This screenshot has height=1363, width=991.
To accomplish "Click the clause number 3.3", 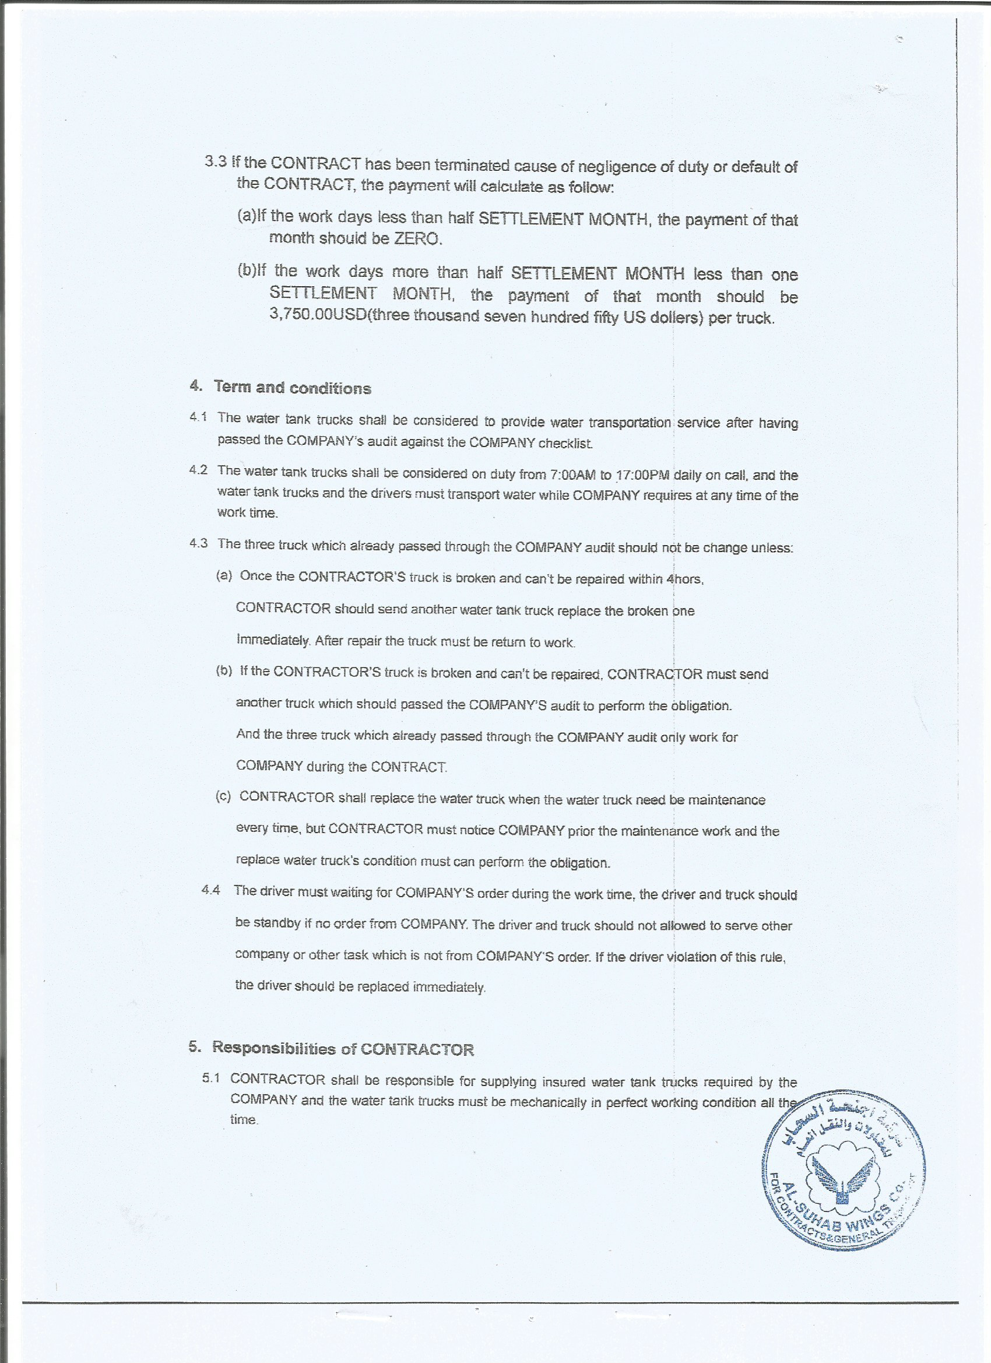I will pyautogui.click(x=216, y=162).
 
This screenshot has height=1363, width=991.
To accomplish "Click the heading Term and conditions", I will pyautogui.click(x=292, y=388).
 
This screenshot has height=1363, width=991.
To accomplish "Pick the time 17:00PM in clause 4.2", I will pyautogui.click(x=642, y=475).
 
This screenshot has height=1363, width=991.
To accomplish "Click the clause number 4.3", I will pyautogui.click(x=198, y=544).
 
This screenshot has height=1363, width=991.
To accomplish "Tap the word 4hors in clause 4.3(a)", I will pyautogui.click(x=684, y=579).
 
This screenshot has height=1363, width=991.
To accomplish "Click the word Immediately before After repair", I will pyautogui.click(x=273, y=640).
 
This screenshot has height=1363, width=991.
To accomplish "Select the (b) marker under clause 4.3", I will pyautogui.click(x=224, y=671).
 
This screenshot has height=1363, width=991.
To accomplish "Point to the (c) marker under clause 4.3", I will pyautogui.click(x=224, y=797).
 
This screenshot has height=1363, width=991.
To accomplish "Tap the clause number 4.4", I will pyautogui.click(x=211, y=891).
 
